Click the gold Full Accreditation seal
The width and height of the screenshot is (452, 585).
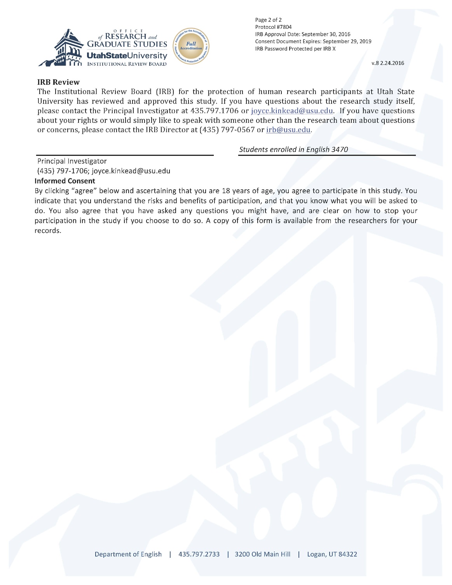191,46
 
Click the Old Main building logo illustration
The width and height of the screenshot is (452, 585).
61,48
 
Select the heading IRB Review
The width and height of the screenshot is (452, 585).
58,82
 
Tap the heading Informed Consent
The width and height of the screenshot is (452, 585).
65,181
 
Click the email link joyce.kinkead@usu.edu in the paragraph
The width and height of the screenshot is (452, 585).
292,111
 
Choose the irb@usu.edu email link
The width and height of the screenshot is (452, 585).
288,130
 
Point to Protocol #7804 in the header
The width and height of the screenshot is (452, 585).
273,27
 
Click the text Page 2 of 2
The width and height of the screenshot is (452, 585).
268,20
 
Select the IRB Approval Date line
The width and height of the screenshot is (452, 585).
302,34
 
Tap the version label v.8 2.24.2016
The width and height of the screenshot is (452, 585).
387,63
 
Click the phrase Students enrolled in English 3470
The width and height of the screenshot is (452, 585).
293,149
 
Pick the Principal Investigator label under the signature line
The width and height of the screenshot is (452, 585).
72,161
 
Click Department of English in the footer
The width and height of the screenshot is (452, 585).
128,554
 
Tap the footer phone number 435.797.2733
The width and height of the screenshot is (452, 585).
199,554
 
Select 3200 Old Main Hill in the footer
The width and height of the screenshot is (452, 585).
262,554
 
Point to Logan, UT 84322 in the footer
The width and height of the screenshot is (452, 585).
332,554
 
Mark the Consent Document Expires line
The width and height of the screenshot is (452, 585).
313,41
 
